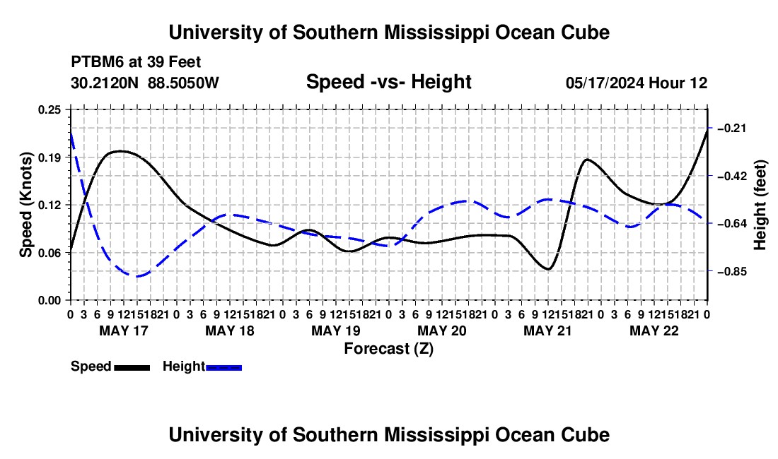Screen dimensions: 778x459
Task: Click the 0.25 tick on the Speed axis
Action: (49, 109)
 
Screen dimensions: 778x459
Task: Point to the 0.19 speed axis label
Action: (49, 157)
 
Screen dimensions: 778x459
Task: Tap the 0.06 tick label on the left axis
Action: (49, 253)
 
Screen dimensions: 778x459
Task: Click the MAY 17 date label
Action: (124, 330)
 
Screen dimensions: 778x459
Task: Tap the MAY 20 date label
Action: (441, 330)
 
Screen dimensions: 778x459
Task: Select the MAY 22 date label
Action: (654, 330)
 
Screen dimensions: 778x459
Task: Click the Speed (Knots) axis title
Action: (26, 205)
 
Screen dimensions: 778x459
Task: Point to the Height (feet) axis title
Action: (760, 205)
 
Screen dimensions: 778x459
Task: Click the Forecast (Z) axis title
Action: (389, 349)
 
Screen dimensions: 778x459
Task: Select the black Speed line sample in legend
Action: (132, 368)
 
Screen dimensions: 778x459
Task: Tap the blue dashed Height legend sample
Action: (223, 368)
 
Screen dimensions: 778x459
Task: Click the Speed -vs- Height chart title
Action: (388, 82)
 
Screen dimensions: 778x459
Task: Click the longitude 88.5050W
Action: (183, 83)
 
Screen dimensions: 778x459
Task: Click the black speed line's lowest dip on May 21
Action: (548, 269)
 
